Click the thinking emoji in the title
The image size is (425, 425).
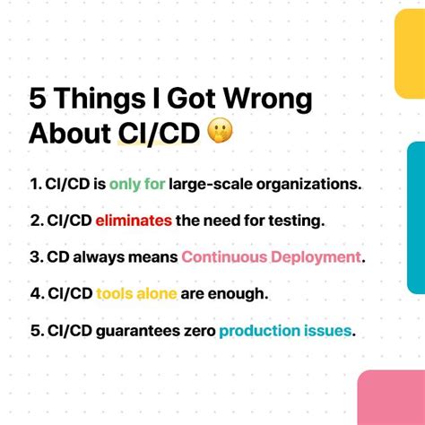click(x=221, y=133)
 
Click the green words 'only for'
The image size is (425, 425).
click(x=137, y=185)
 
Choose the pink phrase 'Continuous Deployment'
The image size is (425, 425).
click(x=271, y=257)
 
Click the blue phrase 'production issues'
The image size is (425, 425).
click(x=285, y=331)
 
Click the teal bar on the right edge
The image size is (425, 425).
click(x=415, y=216)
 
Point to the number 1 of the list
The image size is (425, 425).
click(x=34, y=185)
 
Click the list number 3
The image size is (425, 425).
click(x=35, y=257)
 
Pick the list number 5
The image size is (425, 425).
click(x=35, y=331)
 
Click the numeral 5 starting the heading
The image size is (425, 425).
click(x=39, y=98)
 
